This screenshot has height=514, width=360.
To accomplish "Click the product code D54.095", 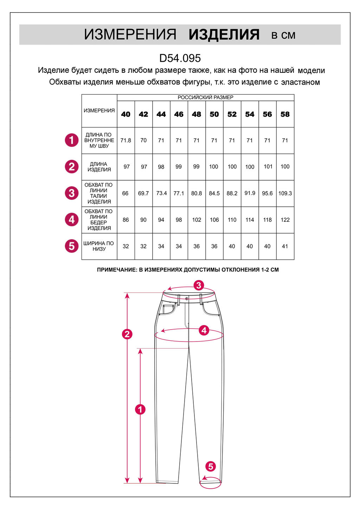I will point(180,58).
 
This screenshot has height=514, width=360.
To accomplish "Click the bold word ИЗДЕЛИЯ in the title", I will point(224,35).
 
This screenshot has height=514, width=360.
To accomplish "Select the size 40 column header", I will point(126,114).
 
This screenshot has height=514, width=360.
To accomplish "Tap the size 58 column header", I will point(285,114).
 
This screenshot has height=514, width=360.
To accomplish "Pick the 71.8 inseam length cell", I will point(126,140).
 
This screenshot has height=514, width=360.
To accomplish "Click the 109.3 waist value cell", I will point(285,193).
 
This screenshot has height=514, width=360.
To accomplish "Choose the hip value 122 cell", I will point(285,220).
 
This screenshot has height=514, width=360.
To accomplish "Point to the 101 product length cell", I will point(268,167).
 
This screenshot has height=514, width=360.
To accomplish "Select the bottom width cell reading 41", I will point(285,246).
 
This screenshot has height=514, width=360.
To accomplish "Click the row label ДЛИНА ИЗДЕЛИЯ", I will point(99,167).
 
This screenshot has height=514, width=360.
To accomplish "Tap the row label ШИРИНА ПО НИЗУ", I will point(99,246).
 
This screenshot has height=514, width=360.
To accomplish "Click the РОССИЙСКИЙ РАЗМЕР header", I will point(205,97).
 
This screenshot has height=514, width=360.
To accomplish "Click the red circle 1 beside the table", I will point(72,140).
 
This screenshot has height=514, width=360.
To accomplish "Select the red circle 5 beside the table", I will point(72,246).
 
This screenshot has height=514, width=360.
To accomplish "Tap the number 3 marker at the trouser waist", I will point(199,285).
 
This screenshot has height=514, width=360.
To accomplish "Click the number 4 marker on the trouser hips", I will point(204,330).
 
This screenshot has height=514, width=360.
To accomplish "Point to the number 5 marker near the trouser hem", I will point(211,467).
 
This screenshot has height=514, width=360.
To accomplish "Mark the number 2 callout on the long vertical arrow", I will point(127,334).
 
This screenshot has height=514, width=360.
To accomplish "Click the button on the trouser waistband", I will point(187,299).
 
